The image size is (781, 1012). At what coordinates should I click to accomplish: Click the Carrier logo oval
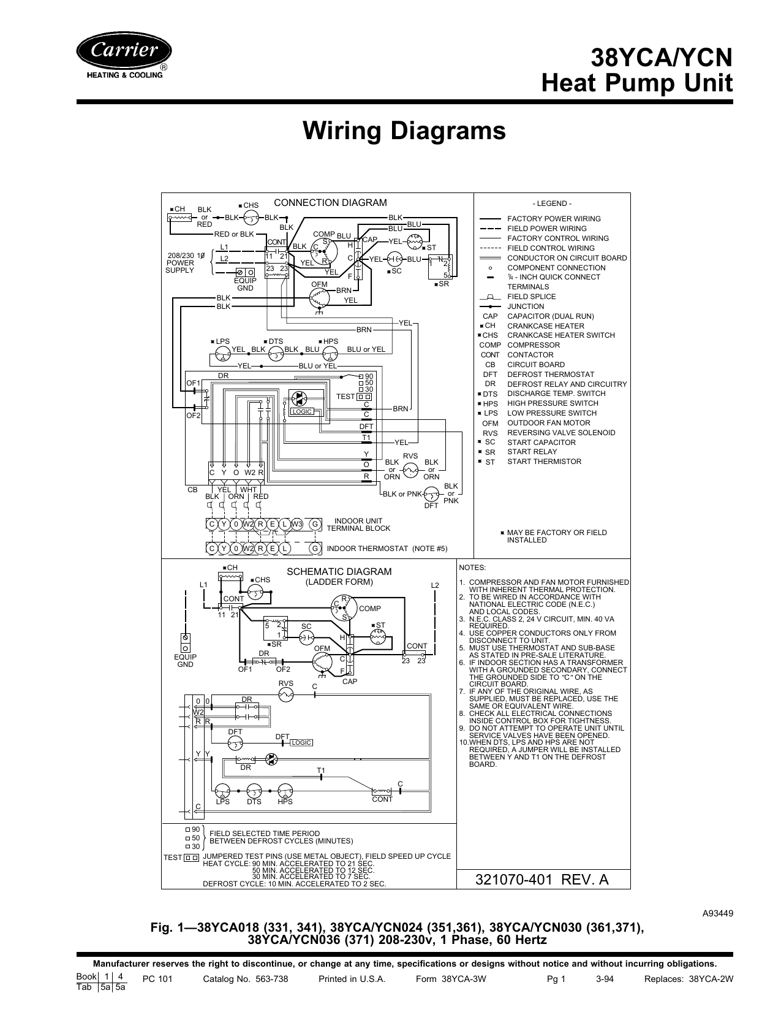point(124,51)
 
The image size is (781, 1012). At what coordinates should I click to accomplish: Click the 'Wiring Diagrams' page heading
point(404,131)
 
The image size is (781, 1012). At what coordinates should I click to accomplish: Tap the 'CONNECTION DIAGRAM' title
point(330,203)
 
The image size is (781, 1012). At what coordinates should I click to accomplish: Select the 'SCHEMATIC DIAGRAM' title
point(339,572)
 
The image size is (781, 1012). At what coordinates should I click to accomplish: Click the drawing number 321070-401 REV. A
point(543,880)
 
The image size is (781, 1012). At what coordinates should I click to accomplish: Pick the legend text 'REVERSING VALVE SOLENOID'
point(561,433)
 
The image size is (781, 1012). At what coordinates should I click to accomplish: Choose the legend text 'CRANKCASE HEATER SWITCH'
point(561,335)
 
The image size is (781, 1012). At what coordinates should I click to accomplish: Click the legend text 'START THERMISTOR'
point(544,462)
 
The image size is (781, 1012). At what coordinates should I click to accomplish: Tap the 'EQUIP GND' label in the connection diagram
point(245,284)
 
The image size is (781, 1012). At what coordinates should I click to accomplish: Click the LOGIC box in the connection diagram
point(303,411)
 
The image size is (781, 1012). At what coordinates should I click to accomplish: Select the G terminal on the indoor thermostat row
point(315,549)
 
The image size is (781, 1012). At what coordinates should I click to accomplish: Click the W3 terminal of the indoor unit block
point(296,524)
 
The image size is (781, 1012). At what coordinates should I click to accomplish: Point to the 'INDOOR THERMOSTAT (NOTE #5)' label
point(387,549)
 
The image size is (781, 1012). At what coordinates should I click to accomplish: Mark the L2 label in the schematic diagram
point(435,585)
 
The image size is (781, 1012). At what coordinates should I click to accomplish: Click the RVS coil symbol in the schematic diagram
point(285,694)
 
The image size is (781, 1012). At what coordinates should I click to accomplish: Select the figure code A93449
point(717,913)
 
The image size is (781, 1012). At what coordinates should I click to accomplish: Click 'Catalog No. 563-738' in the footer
point(245,979)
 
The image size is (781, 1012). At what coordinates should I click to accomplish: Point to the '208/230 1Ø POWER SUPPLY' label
point(181,262)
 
